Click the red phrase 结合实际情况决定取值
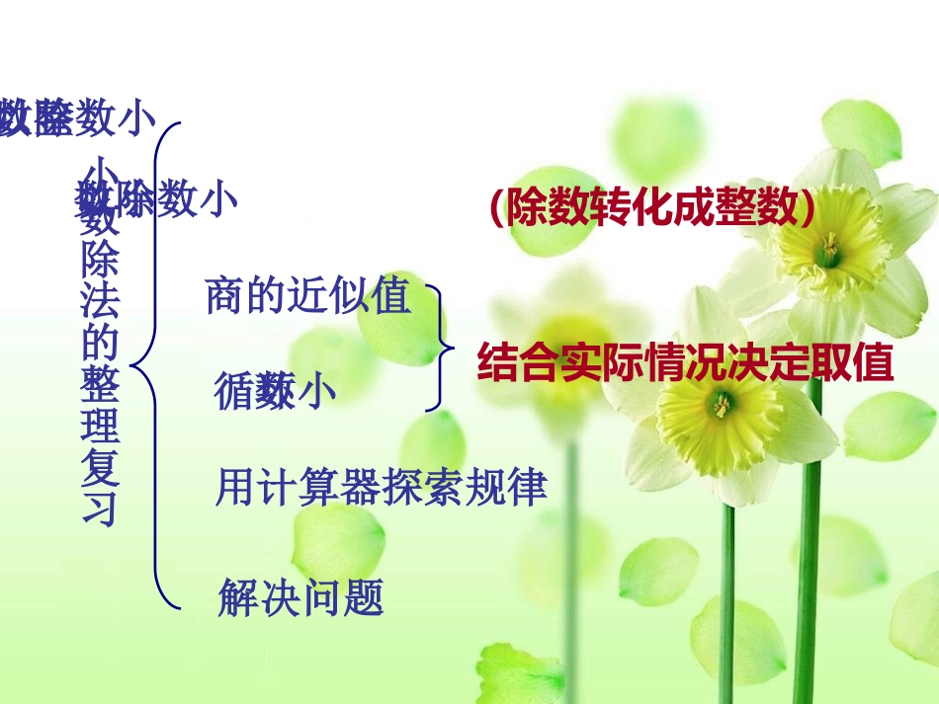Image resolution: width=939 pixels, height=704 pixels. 685,363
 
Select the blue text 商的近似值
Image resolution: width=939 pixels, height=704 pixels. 307,295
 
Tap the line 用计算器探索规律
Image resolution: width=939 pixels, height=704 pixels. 382,489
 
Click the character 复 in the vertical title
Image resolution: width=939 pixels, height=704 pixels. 101,469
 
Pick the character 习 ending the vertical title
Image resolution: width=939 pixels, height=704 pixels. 101,509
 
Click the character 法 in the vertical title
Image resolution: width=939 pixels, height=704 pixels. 101,303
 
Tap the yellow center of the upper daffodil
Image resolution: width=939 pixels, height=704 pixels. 827,249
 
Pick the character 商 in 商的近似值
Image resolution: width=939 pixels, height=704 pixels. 224,295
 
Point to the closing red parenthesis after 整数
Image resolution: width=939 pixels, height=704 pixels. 808,207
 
